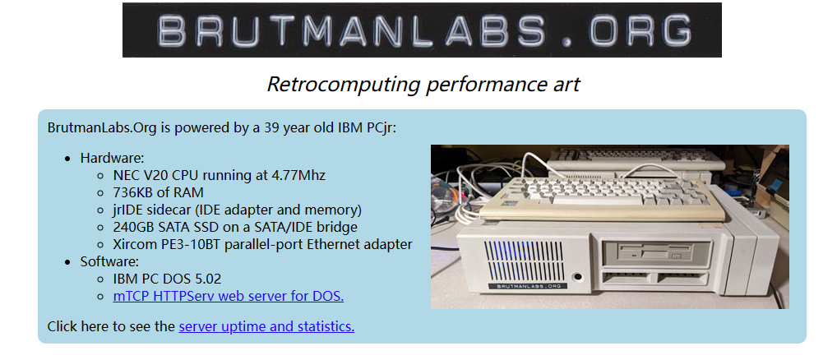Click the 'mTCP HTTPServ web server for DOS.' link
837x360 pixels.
(229, 295)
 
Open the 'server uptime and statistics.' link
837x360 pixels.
(266, 325)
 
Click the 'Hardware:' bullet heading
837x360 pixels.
(113, 158)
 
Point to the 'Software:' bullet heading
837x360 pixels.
(110, 261)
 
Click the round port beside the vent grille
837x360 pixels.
(576, 277)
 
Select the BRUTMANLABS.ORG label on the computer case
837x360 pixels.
(520, 286)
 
